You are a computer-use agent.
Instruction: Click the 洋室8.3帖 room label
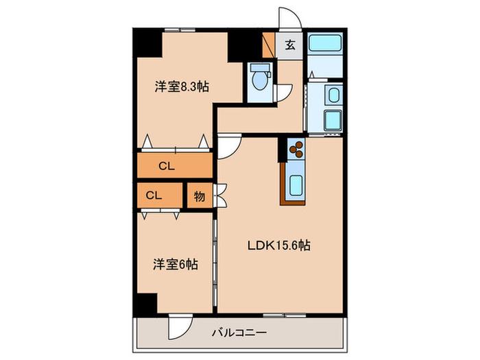pyautogui.click(x=182, y=87)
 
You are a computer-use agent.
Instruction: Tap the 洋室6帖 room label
pyautogui.click(x=176, y=264)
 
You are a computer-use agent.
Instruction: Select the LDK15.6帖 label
pyautogui.click(x=279, y=245)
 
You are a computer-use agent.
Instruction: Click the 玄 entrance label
pyautogui.click(x=290, y=45)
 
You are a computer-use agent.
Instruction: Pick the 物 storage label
pyautogui.click(x=200, y=196)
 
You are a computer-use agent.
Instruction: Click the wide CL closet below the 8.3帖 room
pyautogui.click(x=175, y=165)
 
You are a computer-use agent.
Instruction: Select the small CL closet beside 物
pyautogui.click(x=160, y=195)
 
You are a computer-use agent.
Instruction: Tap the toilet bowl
pyautogui.click(x=260, y=78)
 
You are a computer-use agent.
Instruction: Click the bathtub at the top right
pyautogui.click(x=324, y=43)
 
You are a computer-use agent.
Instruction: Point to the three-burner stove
pyautogui.click(x=296, y=149)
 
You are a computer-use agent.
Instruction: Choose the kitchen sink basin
pyautogui.click(x=296, y=186)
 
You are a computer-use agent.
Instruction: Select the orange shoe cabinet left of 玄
pyautogui.click(x=269, y=45)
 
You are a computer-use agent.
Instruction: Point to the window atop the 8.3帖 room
pyautogui.click(x=180, y=30)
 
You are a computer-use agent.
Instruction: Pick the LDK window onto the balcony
pyautogui.click(x=285, y=315)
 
